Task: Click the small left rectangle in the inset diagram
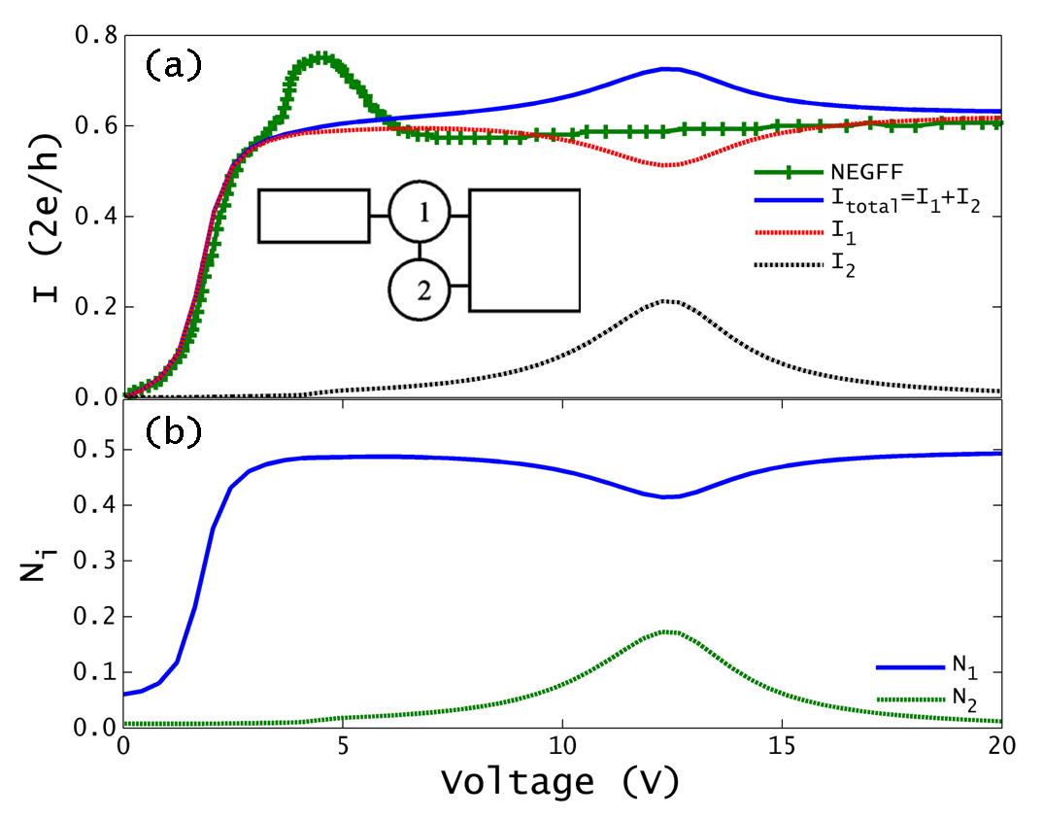pyautogui.click(x=314, y=216)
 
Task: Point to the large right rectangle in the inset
pyautogui.click(x=524, y=251)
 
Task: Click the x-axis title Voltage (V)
pyautogui.click(x=559, y=780)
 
